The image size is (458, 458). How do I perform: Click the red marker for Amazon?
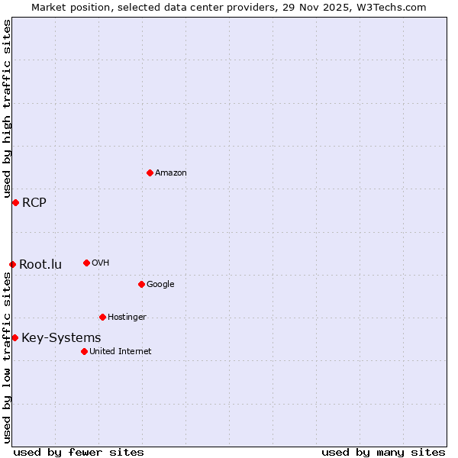150,173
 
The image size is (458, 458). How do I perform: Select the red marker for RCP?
15,202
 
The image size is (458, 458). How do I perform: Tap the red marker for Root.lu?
12,264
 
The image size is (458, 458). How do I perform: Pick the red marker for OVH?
86,263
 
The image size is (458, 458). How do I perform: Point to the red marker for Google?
141,284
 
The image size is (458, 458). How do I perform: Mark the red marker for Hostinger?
102,317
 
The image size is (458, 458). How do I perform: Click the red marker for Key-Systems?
15,337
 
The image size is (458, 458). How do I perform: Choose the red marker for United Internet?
84,351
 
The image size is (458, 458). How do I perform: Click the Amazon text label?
171,173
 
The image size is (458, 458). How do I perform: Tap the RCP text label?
34,202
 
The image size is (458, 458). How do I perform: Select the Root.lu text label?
40,265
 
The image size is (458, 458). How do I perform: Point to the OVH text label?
101,263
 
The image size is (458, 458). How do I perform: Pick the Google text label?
160,285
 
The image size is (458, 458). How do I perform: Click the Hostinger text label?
127,318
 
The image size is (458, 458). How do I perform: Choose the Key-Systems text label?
61,338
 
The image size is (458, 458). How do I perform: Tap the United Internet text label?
120,352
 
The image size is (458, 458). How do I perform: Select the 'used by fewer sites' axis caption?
79,452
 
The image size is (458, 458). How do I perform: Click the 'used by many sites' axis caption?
383,452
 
